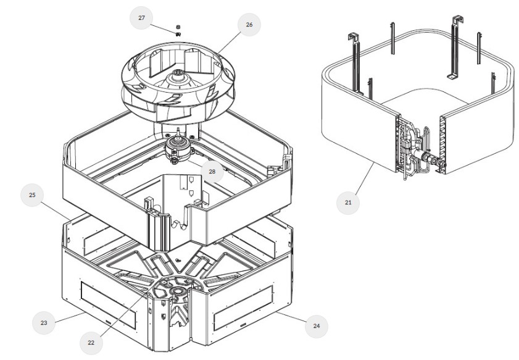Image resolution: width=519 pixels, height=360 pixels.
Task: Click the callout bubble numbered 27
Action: point(141,18)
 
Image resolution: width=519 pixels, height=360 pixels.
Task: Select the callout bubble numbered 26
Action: point(249,25)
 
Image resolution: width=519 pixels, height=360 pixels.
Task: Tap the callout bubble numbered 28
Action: point(212,172)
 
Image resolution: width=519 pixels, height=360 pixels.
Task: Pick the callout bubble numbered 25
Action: point(32,195)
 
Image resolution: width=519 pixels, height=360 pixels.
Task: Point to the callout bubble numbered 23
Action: point(44,322)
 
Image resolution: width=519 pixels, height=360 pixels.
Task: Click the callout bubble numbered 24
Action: point(317,324)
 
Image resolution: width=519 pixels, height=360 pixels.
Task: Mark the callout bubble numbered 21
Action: point(348,202)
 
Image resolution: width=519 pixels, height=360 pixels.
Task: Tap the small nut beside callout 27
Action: point(178,27)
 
